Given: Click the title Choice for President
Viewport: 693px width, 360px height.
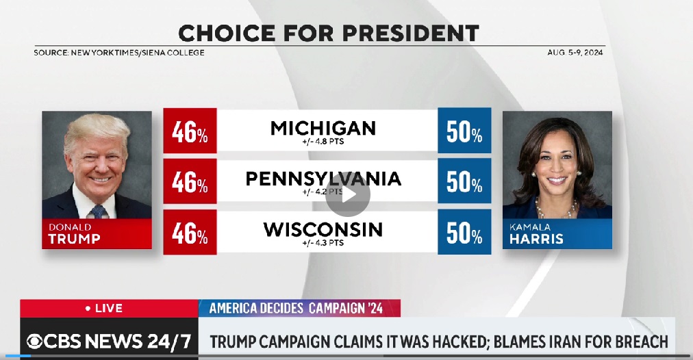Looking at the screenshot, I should tap(328, 33).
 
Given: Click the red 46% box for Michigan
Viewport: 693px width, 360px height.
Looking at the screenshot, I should tap(190, 131).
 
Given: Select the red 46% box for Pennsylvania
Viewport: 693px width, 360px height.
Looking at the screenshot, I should tap(190, 181).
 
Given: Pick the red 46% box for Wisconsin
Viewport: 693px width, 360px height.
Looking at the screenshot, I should tap(190, 233).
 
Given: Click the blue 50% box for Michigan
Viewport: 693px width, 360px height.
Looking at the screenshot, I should tap(464, 131).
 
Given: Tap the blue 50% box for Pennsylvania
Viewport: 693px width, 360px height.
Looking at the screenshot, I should tap(464, 181).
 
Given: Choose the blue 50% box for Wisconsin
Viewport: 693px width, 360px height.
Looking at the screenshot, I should tap(464, 233).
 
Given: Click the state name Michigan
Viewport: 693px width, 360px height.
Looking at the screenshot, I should tap(323, 127).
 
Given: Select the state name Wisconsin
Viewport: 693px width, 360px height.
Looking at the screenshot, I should tap(323, 229).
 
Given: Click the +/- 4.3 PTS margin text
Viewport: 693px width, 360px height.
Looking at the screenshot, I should tap(323, 243).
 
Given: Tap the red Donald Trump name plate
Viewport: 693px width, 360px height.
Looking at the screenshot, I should tap(97, 233).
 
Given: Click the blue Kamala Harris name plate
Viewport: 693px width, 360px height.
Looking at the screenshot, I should tap(557, 233).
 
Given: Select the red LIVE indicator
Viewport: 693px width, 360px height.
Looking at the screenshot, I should tap(108, 309).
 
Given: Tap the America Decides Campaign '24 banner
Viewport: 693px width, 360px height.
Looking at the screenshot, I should tap(299, 309).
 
